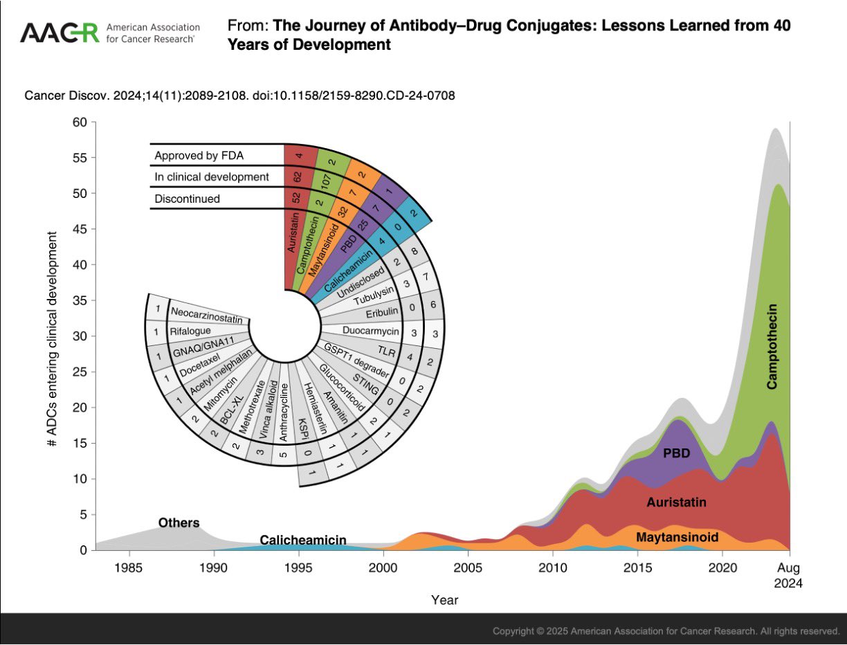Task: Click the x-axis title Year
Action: (x=444, y=599)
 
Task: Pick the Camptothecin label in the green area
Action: (x=773, y=346)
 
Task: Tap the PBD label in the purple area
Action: (x=676, y=454)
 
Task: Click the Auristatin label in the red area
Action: (x=677, y=502)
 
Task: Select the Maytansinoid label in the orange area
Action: (x=677, y=537)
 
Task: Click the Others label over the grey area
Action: (x=179, y=523)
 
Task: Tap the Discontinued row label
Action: (x=188, y=199)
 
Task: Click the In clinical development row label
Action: (x=212, y=176)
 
